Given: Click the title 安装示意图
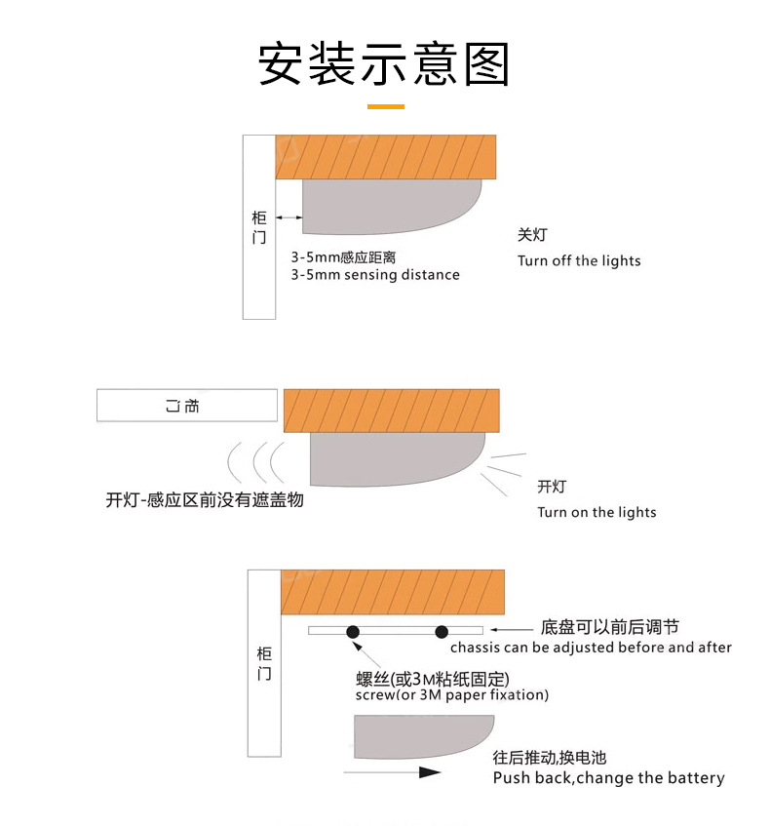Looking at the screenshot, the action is (x=384, y=64).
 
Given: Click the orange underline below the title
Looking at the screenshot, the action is (x=384, y=105).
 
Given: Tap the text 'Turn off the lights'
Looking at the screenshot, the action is (x=579, y=260).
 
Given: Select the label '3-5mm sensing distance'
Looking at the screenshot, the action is (x=375, y=275).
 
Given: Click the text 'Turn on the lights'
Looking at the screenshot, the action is (x=597, y=512).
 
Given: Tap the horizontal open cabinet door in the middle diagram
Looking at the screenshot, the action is (x=186, y=405).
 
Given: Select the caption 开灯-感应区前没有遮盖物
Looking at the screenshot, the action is (x=205, y=500).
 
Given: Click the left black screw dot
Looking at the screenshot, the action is (x=353, y=632).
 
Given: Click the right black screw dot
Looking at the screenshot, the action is (x=442, y=632).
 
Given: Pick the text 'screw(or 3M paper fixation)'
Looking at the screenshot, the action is (x=452, y=695).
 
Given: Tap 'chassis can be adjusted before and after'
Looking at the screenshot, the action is (x=591, y=647).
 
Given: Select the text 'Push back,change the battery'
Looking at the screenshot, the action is (x=608, y=777).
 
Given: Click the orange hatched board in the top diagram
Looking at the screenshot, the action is (x=386, y=156).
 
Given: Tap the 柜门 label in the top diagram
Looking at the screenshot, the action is (x=258, y=227).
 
